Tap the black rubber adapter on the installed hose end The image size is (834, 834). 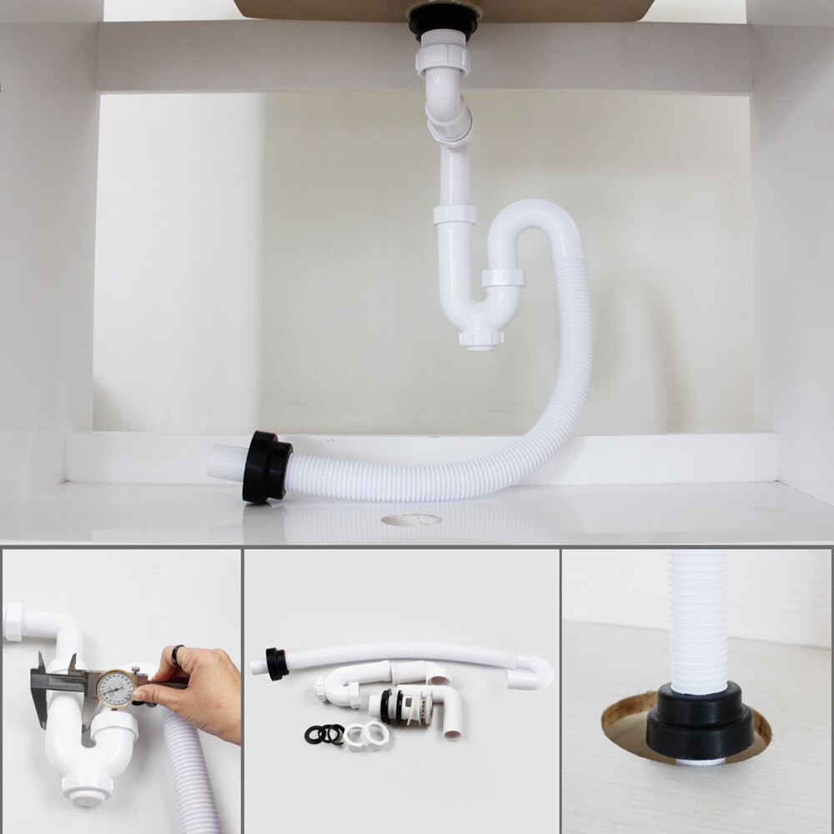[267, 467]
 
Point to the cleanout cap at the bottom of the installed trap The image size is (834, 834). [481, 339]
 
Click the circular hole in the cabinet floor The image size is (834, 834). [411, 520]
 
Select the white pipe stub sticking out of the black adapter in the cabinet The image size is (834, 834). [226, 462]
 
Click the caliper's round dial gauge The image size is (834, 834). [115, 688]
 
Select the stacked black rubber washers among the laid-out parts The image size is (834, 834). [324, 734]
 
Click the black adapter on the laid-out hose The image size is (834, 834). [276, 664]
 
